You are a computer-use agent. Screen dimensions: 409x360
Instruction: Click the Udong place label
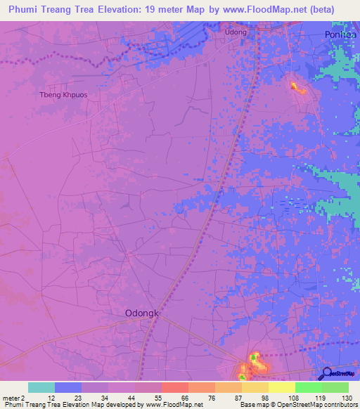click(x=236, y=32)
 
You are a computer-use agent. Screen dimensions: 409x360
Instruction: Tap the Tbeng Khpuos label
click(x=62, y=94)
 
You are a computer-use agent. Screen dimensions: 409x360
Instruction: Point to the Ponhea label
click(x=342, y=34)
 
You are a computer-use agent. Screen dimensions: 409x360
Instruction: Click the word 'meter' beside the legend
click(x=11, y=398)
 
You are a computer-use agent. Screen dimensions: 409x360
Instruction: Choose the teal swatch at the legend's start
click(x=41, y=387)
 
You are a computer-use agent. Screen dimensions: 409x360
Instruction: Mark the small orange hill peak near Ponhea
click(x=293, y=86)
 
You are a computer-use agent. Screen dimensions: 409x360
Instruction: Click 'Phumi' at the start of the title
click(x=24, y=9)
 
